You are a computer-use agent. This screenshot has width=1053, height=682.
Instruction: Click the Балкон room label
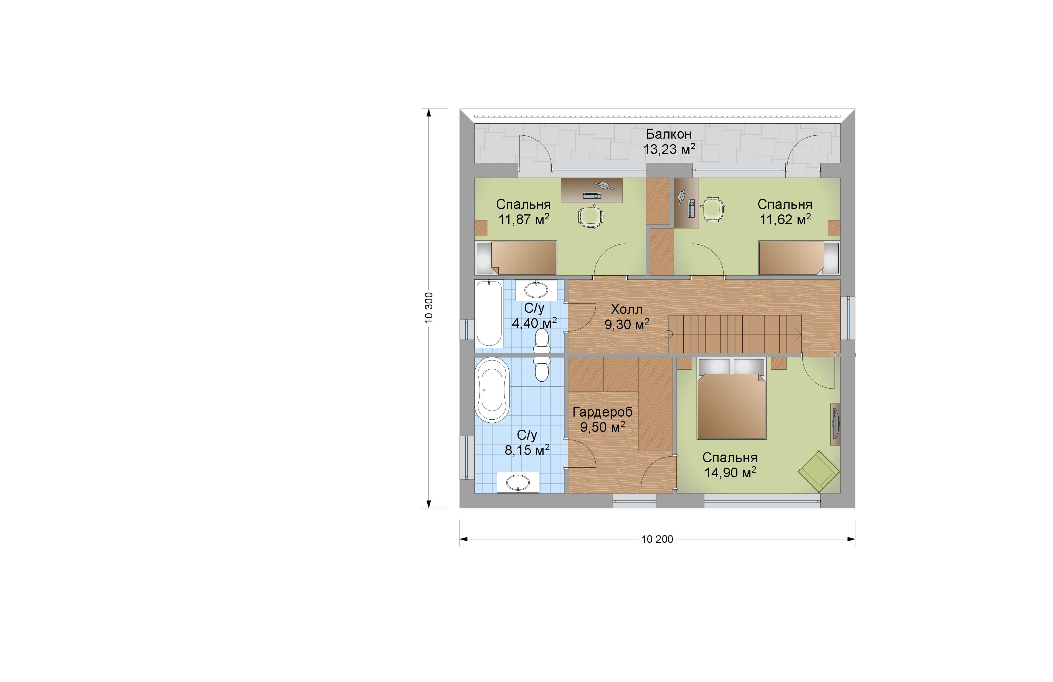click(669, 134)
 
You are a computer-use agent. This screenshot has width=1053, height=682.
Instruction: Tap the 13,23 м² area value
click(669, 149)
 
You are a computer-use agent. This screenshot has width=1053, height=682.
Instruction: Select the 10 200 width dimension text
click(658, 539)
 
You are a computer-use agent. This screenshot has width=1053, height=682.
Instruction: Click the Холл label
click(626, 309)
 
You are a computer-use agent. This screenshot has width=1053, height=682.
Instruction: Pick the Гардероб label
click(603, 412)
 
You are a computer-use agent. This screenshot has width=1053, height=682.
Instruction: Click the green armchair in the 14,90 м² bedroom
click(819, 471)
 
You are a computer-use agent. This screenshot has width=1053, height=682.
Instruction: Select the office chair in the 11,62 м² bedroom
click(712, 209)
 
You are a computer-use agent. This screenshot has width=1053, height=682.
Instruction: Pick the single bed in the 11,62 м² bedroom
click(799, 258)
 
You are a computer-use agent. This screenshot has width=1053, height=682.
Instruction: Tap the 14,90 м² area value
click(730, 473)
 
